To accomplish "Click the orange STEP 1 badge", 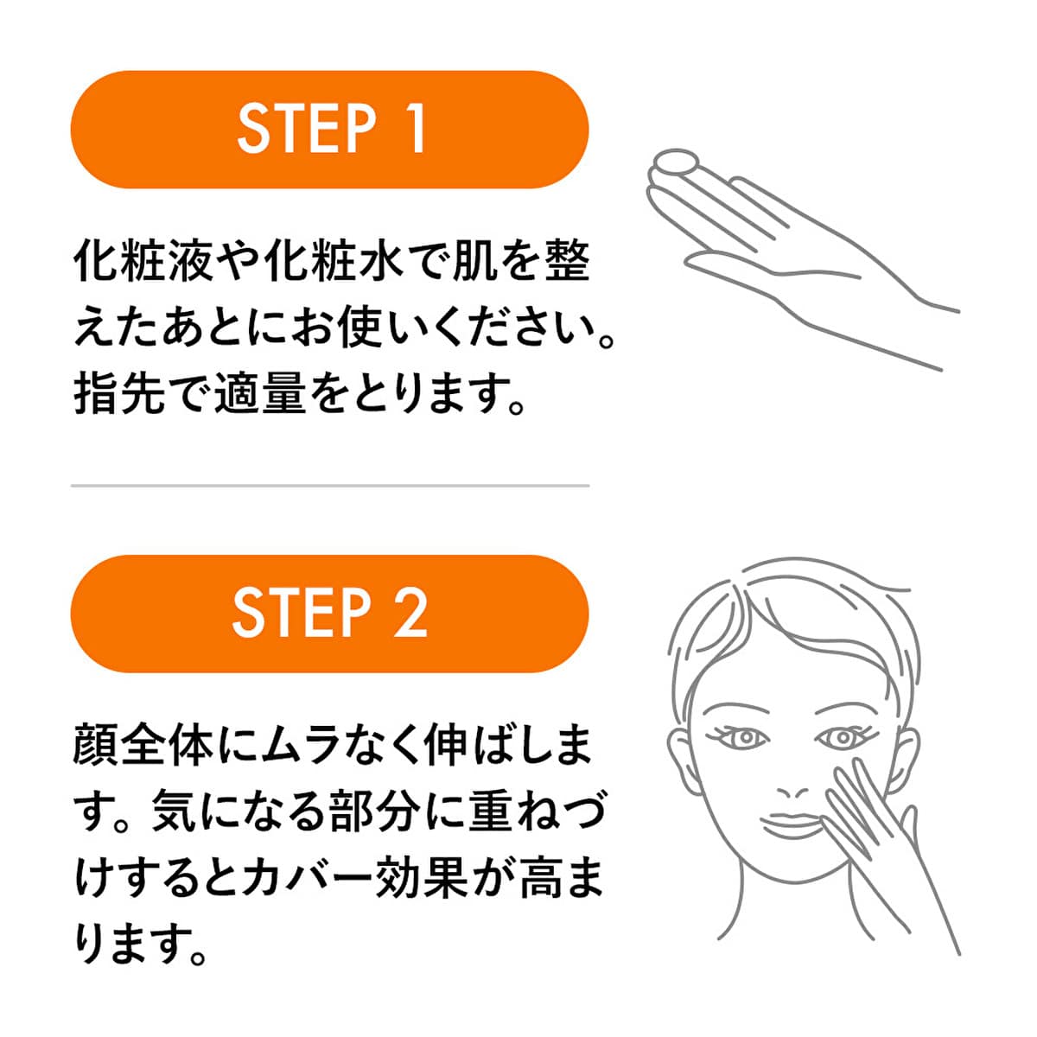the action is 329,130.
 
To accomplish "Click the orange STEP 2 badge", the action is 329,614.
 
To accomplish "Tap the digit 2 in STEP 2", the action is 410,614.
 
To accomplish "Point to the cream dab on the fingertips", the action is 677,162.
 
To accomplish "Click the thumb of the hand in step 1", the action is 775,266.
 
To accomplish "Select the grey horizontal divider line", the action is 330,486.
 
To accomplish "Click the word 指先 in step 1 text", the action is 119,393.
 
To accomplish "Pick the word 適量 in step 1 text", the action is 261,393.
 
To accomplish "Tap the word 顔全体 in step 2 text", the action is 143,745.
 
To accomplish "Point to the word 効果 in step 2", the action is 423,877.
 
